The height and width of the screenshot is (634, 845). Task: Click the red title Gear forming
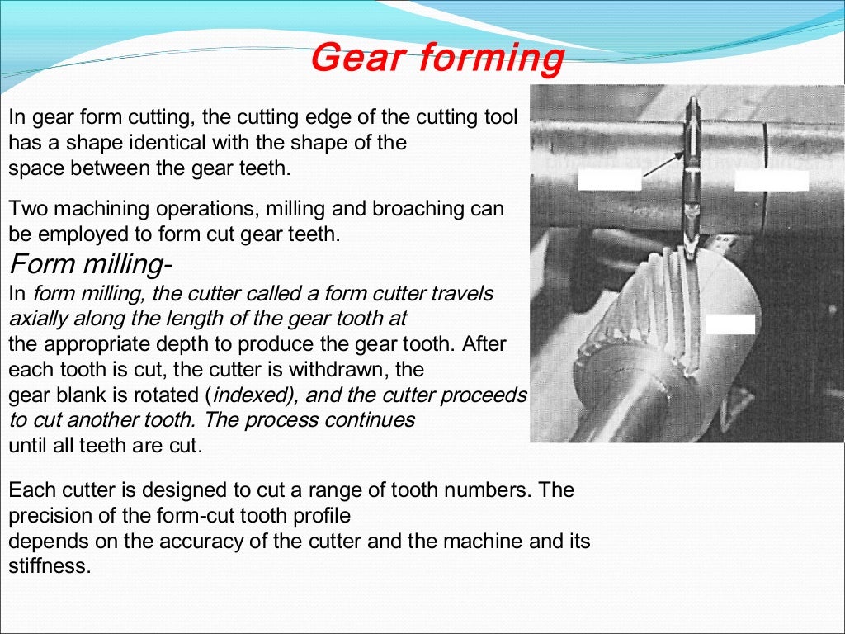[x=437, y=59]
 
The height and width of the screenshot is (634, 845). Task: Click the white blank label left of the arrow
[x=609, y=179]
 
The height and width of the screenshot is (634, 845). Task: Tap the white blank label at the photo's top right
[x=771, y=180]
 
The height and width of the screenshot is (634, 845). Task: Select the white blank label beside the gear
[x=730, y=324]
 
